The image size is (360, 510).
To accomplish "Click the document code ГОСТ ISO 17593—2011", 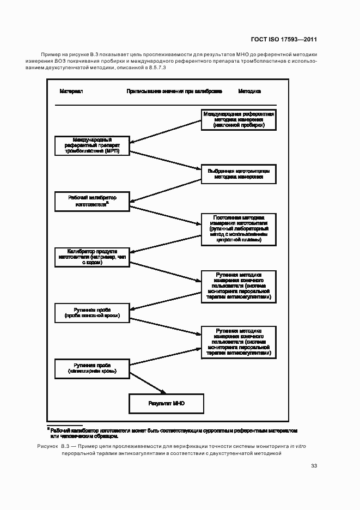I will [284, 40].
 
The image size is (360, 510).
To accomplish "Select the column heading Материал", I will [71, 91].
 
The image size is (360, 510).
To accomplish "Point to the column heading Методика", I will [249, 91].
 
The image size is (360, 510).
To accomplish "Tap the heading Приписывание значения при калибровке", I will [174, 91].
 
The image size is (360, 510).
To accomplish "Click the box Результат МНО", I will [166, 404].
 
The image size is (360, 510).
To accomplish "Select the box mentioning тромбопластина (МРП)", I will [91, 145].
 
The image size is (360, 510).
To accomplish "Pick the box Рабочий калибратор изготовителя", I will [91, 201].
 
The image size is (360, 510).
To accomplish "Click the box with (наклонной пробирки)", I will [239, 119].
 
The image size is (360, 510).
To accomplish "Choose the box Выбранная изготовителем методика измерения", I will [239, 174].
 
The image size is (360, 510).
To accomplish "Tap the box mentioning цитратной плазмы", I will [239, 228].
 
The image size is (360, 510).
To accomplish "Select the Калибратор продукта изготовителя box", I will [91, 257].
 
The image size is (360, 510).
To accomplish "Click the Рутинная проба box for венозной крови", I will [91, 312].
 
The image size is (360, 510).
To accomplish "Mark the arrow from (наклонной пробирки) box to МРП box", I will [166, 131].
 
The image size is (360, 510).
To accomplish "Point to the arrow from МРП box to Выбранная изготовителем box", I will [166, 160].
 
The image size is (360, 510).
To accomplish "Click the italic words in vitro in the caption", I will [298, 446].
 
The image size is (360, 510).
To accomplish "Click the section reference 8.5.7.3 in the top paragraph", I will [157, 67].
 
